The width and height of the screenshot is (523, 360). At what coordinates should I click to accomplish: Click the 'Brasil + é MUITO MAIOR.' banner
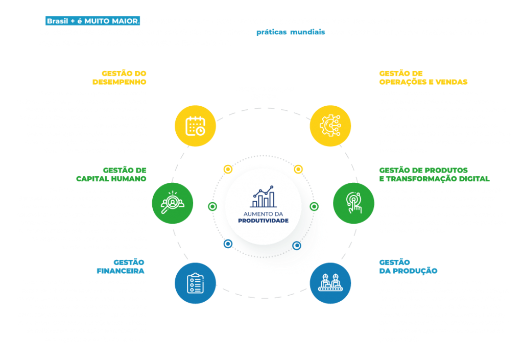click(93, 21)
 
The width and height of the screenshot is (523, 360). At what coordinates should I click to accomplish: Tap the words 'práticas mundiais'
click(291, 32)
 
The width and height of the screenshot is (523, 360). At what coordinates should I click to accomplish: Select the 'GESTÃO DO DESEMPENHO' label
click(120, 78)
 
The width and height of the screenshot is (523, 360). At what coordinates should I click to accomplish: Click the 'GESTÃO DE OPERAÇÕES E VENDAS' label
click(423, 78)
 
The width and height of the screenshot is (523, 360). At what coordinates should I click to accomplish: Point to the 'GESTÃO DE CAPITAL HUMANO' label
click(111, 174)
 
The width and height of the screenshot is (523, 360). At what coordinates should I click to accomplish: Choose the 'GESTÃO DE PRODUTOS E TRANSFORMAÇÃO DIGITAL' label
click(434, 174)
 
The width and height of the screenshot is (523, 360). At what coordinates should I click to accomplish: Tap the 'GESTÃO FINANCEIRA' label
click(121, 267)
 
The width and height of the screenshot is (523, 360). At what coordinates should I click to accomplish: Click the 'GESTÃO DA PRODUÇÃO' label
click(408, 267)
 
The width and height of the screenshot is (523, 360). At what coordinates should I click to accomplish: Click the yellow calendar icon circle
click(196, 126)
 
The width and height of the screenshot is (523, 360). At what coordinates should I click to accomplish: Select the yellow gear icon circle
click(330, 126)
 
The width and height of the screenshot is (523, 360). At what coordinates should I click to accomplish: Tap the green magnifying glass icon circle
click(173, 203)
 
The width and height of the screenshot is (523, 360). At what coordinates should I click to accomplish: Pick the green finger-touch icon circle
click(353, 203)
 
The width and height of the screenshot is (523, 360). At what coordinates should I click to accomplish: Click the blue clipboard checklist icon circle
click(196, 283)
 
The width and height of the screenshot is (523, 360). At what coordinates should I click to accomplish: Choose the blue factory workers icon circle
click(330, 283)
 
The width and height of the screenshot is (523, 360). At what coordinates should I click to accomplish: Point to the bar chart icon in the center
click(263, 197)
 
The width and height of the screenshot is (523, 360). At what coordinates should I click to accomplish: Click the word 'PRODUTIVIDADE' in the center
click(263, 221)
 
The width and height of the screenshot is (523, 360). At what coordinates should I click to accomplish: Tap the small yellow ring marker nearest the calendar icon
click(228, 170)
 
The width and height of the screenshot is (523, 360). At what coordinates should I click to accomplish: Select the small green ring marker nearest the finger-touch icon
click(314, 207)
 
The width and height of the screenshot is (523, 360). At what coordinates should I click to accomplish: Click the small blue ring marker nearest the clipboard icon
click(228, 244)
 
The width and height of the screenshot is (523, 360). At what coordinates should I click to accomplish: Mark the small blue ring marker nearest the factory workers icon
click(297, 246)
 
